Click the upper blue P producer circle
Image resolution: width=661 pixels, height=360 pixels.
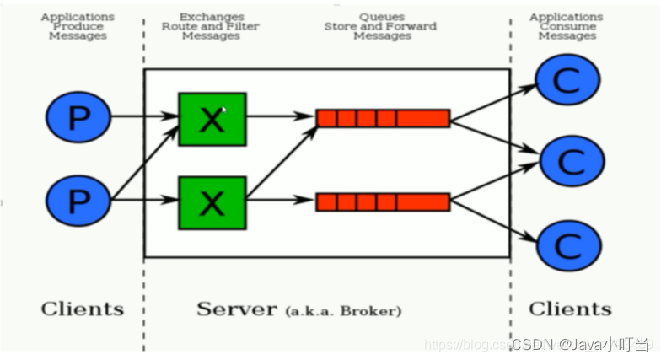coord(78,117)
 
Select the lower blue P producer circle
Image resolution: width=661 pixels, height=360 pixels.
coord(78,201)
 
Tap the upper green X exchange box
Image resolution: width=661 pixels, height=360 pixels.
coord(212,119)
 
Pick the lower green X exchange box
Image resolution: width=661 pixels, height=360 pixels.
coord(212,202)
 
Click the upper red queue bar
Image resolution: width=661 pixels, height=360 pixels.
coord(383,118)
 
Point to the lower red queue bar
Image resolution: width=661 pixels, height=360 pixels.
coord(383,201)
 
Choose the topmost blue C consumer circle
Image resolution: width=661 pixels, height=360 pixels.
coord(568,80)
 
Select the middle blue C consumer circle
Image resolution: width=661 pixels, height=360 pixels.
coord(572,159)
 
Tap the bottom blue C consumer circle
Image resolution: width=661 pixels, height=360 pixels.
coord(570,244)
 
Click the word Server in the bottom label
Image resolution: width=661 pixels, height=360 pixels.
coord(236,309)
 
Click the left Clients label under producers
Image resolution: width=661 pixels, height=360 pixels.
coord(82,309)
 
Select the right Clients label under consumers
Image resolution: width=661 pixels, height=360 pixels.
coord(569,309)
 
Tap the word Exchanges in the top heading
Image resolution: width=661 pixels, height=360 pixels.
coord(211,17)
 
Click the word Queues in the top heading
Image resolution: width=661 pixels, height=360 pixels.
coord(380,17)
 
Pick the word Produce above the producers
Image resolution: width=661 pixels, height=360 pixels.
coord(78,26)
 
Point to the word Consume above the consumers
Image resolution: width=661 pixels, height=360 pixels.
coord(567,26)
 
